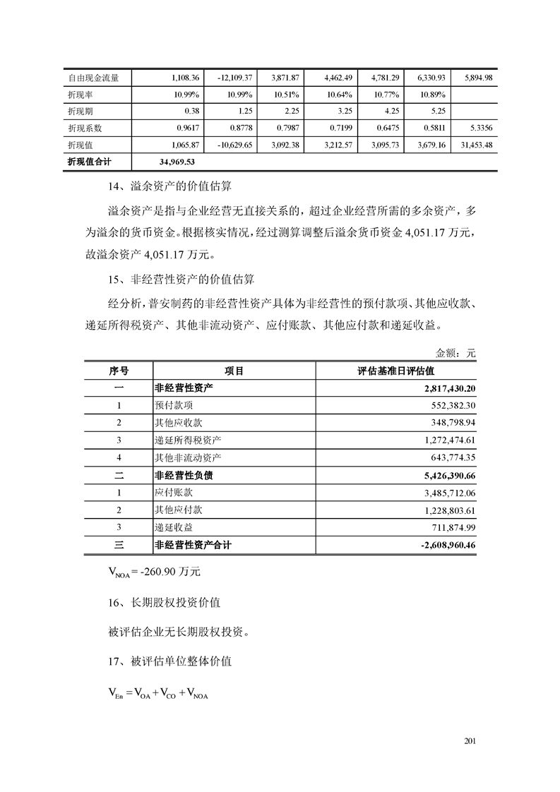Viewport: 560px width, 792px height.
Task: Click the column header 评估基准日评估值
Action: pos(395,371)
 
